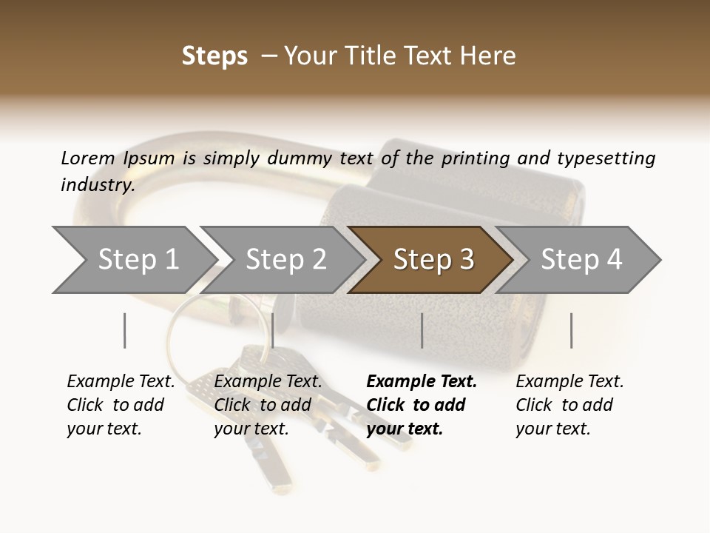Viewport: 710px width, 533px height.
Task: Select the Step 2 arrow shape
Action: [x=285, y=260]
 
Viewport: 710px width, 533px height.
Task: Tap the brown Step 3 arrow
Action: [x=433, y=260]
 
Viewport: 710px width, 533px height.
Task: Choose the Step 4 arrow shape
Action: [x=581, y=260]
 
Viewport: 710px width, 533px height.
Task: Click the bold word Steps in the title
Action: [x=214, y=56]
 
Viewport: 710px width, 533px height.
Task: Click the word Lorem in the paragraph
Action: [x=87, y=158]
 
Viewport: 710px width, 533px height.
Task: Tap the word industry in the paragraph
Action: [x=97, y=185]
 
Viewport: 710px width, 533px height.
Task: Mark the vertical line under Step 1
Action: [x=125, y=330]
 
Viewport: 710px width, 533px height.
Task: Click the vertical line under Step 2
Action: [x=273, y=330]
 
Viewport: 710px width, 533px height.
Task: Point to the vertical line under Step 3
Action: [x=422, y=330]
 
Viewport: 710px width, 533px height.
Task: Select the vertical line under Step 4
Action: [x=571, y=330]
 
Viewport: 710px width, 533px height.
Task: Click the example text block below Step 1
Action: [x=120, y=405]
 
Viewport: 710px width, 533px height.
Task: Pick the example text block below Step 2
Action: [x=267, y=405]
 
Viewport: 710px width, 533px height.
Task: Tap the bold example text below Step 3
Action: [x=421, y=405]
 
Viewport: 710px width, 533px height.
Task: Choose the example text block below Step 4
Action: [x=569, y=405]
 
